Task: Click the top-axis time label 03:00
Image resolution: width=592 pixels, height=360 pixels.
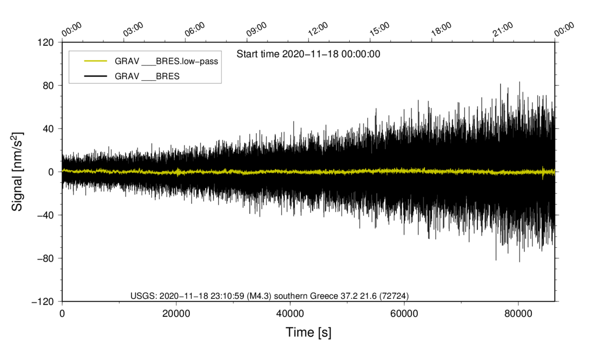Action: point(133,29)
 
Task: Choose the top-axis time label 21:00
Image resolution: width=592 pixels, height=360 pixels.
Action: point(503,29)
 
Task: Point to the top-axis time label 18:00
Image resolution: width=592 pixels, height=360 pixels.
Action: point(441,29)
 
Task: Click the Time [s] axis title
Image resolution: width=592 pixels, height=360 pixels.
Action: point(309,333)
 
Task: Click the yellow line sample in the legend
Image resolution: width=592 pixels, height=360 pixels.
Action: point(96,61)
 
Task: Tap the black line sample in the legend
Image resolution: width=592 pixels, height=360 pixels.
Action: point(96,76)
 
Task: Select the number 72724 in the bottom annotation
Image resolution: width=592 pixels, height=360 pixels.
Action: point(396,296)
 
